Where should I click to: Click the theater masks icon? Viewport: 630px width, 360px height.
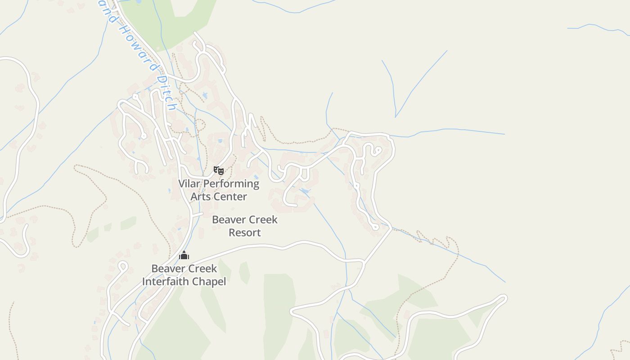[219, 171]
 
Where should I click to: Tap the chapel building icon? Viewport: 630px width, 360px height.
[184, 256]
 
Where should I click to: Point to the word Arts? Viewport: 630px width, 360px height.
[201, 197]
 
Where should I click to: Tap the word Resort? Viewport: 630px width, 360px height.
[244, 233]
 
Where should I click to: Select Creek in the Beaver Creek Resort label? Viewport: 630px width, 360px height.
[263, 220]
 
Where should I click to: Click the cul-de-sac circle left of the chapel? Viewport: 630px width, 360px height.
[122, 265]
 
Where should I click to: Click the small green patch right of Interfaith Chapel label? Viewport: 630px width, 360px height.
[244, 272]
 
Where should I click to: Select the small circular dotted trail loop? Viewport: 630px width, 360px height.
[200, 124]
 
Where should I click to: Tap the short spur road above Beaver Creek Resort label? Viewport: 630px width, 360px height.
[197, 215]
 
